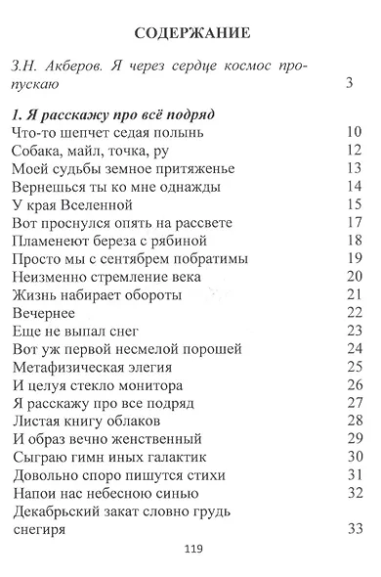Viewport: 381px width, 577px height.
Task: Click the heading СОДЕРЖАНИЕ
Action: [190, 32]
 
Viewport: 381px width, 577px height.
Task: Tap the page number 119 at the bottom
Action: [191, 551]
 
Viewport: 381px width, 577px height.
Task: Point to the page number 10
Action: [355, 132]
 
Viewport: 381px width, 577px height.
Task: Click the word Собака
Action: [41, 151]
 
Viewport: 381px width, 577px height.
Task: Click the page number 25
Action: [355, 368]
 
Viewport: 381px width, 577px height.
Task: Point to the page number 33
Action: [355, 530]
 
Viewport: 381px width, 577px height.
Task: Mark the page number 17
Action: [355, 223]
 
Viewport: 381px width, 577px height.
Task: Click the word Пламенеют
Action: [57, 241]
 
